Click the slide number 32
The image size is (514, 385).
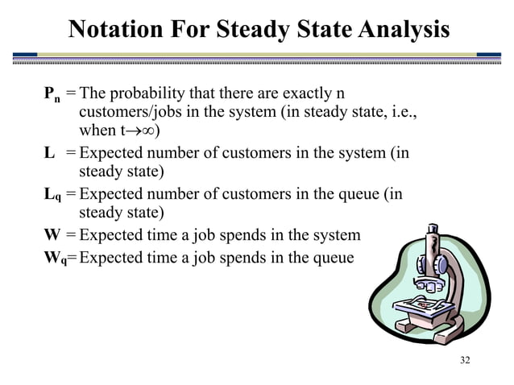[464, 359]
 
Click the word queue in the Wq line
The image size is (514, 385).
[333, 258]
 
